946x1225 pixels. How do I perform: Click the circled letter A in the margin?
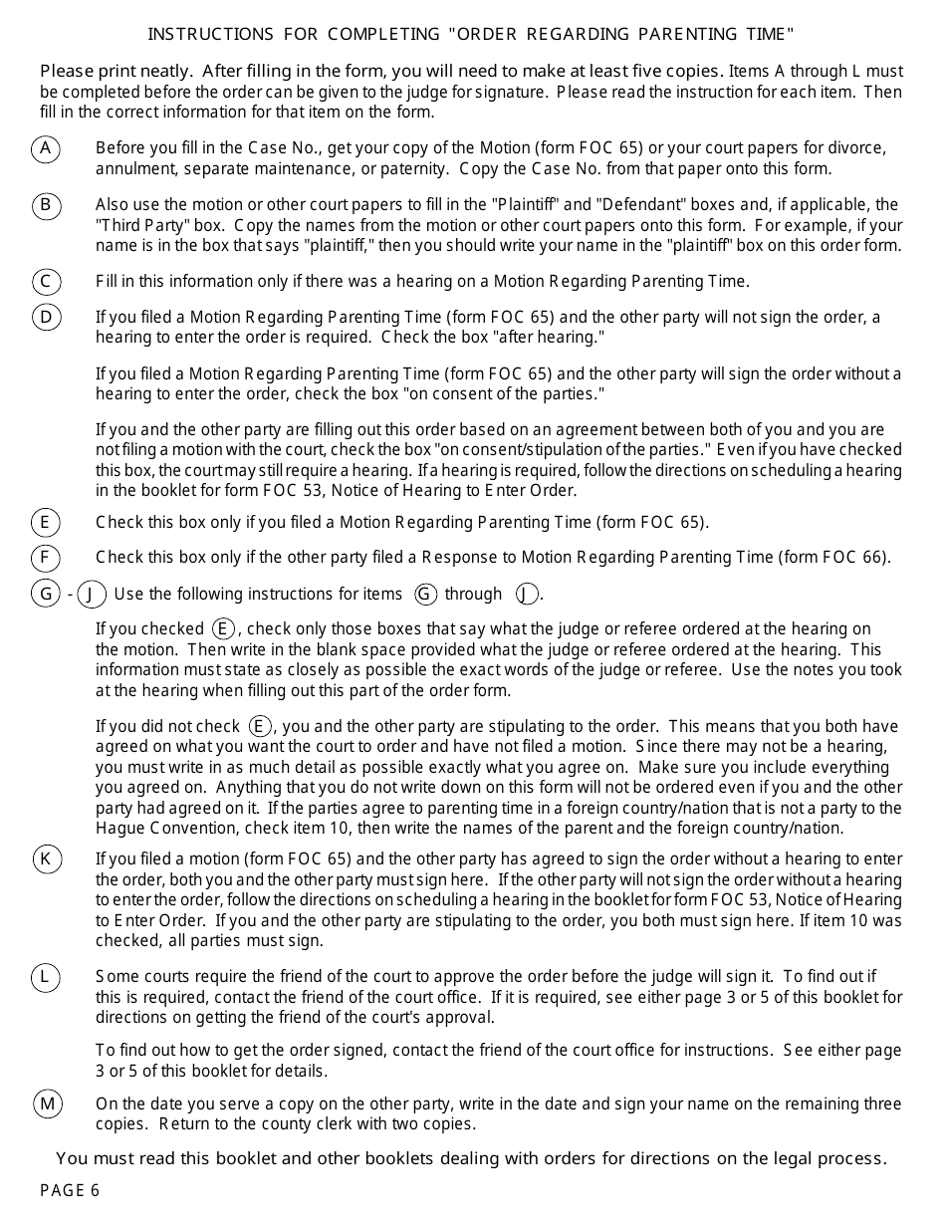46,149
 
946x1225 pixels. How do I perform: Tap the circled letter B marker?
46,206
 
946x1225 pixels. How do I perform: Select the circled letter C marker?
46,282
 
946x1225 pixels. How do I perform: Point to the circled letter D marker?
46,318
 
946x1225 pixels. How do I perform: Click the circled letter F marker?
46,557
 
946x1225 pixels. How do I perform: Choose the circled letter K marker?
46,859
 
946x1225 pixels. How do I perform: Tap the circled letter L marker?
46,977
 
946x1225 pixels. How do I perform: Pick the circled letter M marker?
47,1103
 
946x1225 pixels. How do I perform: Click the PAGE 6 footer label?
70,1191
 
